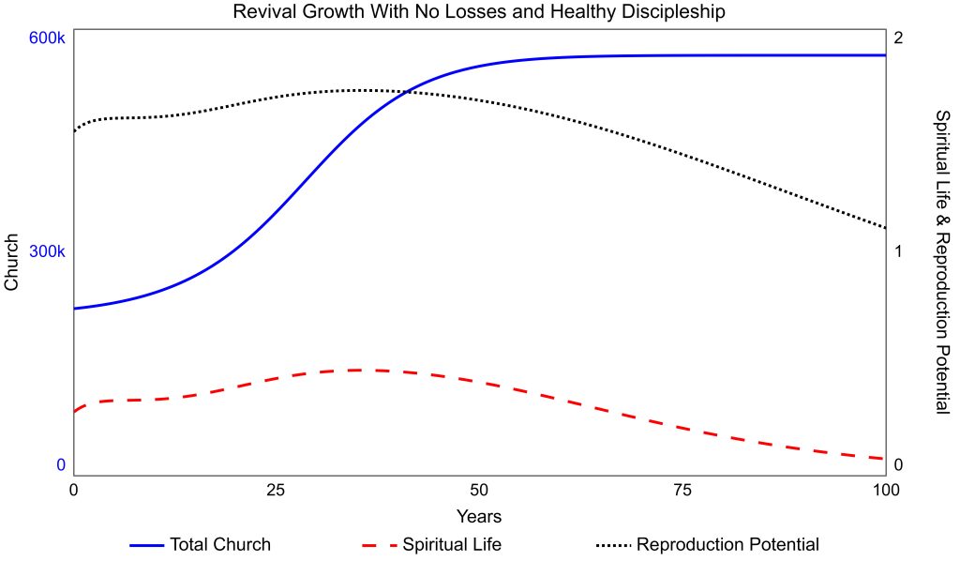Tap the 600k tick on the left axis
[x=47, y=38]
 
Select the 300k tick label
[x=47, y=252]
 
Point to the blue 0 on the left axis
[x=61, y=464]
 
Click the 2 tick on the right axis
[x=898, y=38]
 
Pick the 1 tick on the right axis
[x=898, y=252]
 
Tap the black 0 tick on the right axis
[x=898, y=465]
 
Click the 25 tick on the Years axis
[x=277, y=490]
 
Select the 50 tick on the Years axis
[x=479, y=490]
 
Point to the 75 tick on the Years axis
[x=682, y=490]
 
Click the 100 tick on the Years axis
[x=885, y=490]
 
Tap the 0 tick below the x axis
[x=74, y=490]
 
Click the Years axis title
[x=479, y=517]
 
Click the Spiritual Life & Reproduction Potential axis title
[x=942, y=261]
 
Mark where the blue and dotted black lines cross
[x=402, y=92]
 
